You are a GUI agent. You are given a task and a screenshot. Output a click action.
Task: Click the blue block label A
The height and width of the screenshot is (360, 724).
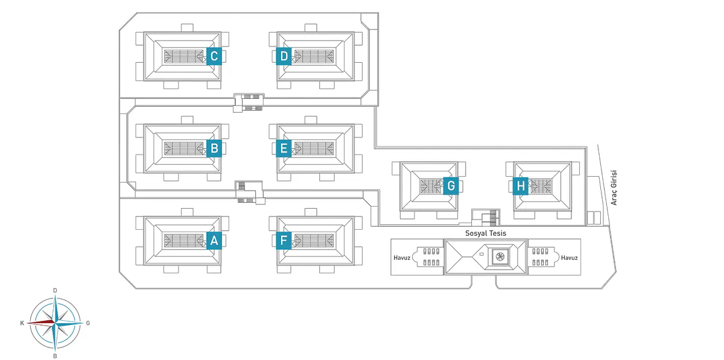tap(214, 241)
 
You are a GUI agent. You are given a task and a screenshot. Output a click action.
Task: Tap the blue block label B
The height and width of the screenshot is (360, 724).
tap(214, 148)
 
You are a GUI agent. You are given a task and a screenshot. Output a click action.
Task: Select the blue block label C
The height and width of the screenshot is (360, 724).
tap(214, 56)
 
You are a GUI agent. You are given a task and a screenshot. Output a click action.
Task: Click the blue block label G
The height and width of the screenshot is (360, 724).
tap(451, 186)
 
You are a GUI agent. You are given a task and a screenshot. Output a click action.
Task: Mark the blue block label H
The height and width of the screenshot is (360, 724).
tap(521, 186)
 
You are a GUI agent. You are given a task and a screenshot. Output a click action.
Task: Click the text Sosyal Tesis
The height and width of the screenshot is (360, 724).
tap(485, 233)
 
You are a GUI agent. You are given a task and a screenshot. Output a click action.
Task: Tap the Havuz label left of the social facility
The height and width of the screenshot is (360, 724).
tap(401, 257)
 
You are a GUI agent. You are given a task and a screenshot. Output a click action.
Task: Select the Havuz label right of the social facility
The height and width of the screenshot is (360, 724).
tap(569, 257)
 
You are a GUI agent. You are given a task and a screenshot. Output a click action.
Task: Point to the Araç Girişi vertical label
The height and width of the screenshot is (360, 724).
tap(614, 188)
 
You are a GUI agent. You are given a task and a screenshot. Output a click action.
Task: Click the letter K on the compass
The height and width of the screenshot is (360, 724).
tap(22, 323)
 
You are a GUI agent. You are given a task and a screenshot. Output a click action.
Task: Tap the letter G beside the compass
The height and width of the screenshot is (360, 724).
tap(88, 323)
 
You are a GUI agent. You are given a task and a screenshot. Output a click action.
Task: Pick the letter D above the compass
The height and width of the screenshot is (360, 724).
tap(55, 291)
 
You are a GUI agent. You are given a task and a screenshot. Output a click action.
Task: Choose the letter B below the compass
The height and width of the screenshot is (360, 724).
tap(55, 356)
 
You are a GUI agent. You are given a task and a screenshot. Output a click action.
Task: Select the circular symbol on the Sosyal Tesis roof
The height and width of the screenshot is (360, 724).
tap(500, 257)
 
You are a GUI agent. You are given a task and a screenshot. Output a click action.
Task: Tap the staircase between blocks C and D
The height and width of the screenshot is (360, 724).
tap(249, 101)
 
